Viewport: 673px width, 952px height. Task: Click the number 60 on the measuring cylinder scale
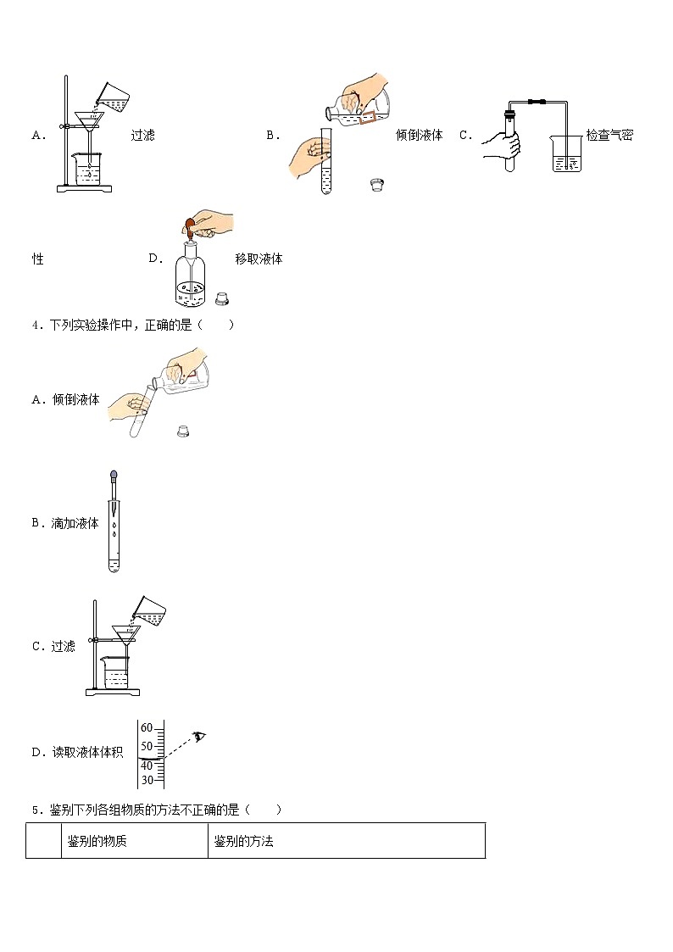(x=147, y=728)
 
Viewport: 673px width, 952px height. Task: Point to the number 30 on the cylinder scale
(x=147, y=780)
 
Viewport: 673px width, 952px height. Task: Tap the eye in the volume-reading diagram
(x=200, y=736)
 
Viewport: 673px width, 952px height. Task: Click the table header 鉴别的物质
(x=97, y=842)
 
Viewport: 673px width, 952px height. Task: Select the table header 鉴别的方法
(x=244, y=842)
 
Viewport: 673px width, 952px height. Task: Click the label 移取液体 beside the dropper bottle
(x=259, y=259)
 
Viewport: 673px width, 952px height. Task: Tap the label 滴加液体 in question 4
(x=76, y=524)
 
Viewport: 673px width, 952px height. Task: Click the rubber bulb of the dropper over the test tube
(x=114, y=477)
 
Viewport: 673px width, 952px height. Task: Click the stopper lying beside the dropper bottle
(x=223, y=298)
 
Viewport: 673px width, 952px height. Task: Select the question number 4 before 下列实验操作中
(x=35, y=325)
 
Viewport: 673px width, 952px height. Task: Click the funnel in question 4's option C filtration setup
(x=125, y=634)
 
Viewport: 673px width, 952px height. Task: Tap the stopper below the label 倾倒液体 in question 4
(x=182, y=431)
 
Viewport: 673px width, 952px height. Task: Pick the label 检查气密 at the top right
(x=609, y=135)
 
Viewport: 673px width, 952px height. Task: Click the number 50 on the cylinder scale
(x=147, y=746)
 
